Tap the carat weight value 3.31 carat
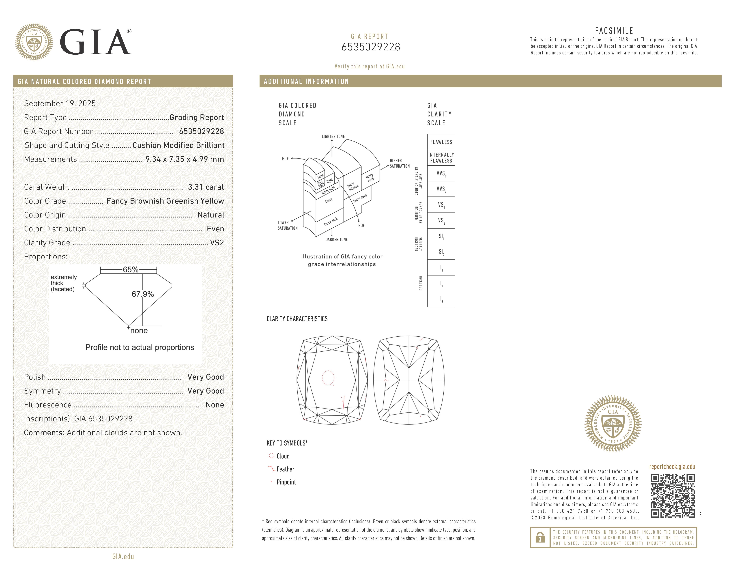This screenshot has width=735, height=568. [x=206, y=187]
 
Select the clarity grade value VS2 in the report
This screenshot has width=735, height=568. [x=217, y=243]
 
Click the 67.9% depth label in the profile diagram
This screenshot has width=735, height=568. [x=143, y=294]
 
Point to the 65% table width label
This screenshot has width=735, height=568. [x=131, y=269]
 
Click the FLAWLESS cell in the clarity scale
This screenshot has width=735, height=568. [x=441, y=142]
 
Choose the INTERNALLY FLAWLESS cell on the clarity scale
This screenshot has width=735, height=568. [x=441, y=157]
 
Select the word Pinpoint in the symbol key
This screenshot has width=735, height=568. [x=286, y=482]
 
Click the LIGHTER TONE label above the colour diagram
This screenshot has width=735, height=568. [x=333, y=136]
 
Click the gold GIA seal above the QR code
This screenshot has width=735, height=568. [x=613, y=423]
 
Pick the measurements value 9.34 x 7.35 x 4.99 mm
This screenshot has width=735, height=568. [x=184, y=159]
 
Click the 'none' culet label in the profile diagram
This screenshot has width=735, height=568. [x=139, y=331]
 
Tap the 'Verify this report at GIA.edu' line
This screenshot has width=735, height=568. [x=370, y=66]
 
